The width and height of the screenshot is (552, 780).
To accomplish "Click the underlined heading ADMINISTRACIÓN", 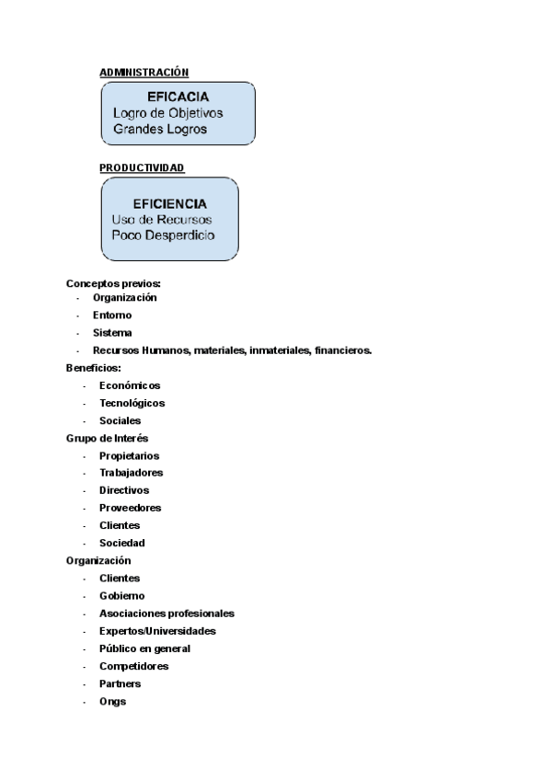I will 144,72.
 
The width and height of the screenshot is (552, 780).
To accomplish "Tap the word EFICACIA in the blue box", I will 178,97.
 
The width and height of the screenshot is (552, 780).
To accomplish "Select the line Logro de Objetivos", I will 167,112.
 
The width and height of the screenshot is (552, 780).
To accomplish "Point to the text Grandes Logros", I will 160,129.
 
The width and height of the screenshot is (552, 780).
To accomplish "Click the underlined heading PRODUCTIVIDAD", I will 142,167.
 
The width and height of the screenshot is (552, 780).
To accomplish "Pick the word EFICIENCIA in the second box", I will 169,203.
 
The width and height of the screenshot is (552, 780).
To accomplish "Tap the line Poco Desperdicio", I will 163,235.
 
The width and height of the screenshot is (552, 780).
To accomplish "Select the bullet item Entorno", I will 112,315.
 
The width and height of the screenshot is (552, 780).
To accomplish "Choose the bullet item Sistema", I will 112,333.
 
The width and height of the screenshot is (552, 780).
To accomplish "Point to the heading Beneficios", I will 94,368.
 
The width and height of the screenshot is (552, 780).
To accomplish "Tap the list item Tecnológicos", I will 132,403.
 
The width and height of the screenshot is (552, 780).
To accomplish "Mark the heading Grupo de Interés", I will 108,438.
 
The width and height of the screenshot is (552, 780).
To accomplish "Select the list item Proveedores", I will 130,508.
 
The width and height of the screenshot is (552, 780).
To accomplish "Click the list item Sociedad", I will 121,543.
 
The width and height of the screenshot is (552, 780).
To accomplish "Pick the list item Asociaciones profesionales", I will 167,613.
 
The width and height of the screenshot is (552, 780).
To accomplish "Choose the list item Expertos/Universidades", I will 157,631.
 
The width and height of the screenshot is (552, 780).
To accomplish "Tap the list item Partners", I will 120,683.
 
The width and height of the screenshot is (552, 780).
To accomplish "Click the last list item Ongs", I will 112,701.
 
